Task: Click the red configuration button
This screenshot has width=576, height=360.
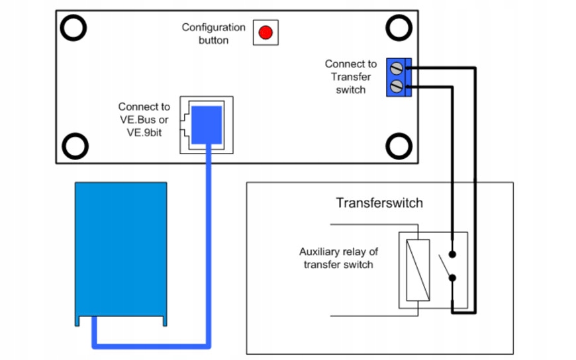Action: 265,32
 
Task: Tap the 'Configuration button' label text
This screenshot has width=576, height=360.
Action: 214,34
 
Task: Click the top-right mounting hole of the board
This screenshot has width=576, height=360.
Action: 399,27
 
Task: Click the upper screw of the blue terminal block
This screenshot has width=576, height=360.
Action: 397,67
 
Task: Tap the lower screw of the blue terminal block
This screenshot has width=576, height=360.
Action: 397,85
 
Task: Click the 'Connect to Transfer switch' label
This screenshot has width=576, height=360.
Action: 350,77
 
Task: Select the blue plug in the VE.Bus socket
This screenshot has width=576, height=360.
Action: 207,124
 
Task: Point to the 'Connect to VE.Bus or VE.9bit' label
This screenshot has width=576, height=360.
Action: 144,119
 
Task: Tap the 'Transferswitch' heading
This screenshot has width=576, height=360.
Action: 379,202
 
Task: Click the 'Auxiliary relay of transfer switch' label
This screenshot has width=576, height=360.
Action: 338,258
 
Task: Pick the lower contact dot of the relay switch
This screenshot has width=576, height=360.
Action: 452,278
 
